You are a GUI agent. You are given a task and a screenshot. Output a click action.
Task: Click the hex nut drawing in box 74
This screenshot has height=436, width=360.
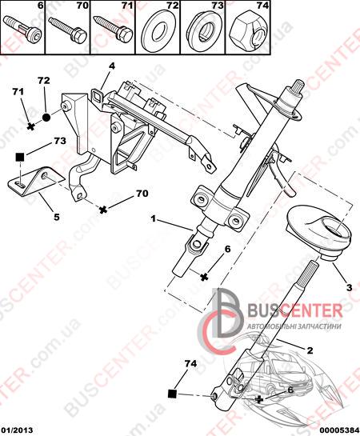[247, 30]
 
